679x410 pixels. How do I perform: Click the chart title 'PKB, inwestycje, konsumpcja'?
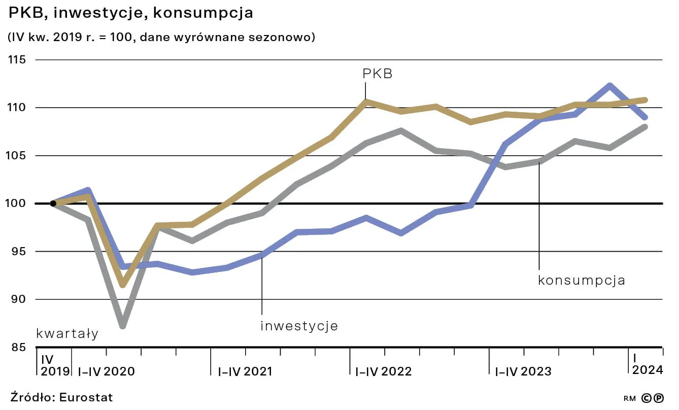point(131,13)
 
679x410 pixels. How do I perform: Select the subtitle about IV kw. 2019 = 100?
point(161,38)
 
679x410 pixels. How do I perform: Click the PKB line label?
point(378,74)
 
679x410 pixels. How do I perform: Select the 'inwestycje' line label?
point(299,326)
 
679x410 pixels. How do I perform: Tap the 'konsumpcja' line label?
point(581,280)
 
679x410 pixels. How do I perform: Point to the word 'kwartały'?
point(67,334)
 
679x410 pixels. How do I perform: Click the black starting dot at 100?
point(53,203)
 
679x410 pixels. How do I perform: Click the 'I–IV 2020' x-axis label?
point(106,371)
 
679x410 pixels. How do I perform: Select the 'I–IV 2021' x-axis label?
point(245,371)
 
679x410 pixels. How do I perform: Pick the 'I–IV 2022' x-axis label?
point(384,371)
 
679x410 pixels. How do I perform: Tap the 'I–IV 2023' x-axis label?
point(523,371)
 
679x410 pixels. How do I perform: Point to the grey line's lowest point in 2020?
point(123,325)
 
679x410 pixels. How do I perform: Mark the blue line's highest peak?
point(609,86)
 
